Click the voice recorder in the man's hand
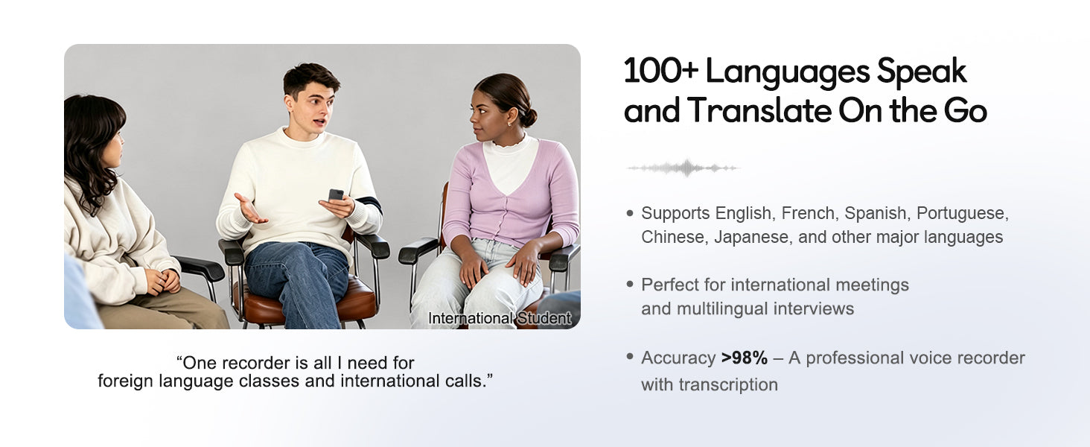tap(336, 195)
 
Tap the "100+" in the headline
tap(661, 71)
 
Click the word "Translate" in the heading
tap(759, 110)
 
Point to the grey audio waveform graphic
tap(683, 168)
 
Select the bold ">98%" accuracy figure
tap(745, 358)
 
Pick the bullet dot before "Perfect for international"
tap(630, 284)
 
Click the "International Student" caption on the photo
tap(500, 318)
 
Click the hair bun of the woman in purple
tap(529, 118)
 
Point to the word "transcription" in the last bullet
tap(728, 385)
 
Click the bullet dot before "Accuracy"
tap(630, 357)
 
